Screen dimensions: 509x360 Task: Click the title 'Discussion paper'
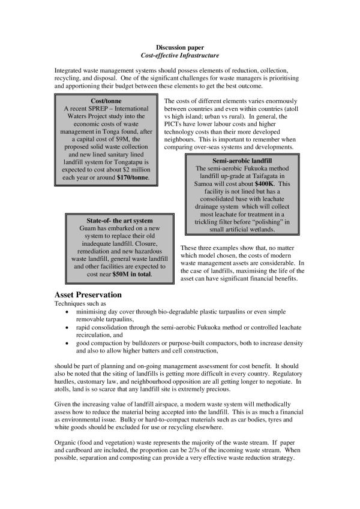[x=180, y=47]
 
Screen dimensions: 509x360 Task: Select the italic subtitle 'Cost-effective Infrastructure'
[x=180, y=55]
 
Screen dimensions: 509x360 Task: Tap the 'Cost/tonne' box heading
[x=106, y=101]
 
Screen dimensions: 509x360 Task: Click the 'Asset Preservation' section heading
[x=88, y=295]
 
